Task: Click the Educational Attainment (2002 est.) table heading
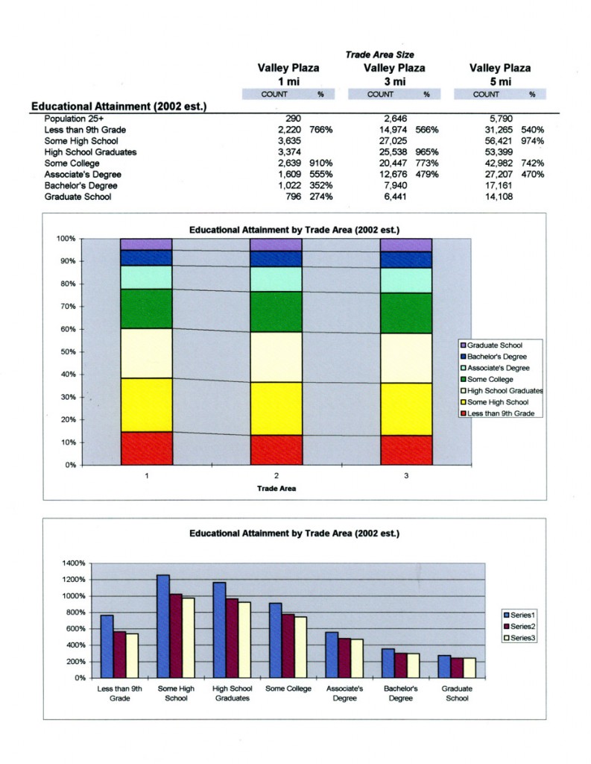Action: [x=118, y=107]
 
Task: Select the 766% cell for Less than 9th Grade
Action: [x=320, y=130]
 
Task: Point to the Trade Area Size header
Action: [x=379, y=54]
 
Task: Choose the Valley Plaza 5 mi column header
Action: [x=500, y=74]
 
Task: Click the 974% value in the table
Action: [x=532, y=141]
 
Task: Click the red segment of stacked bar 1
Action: [x=146, y=448]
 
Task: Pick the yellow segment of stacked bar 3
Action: [x=406, y=409]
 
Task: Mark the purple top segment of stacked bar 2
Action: [x=276, y=245]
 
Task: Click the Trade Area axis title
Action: [x=277, y=489]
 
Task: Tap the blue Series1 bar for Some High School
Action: [x=162, y=626]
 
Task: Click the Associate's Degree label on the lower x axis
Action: [x=344, y=693]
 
